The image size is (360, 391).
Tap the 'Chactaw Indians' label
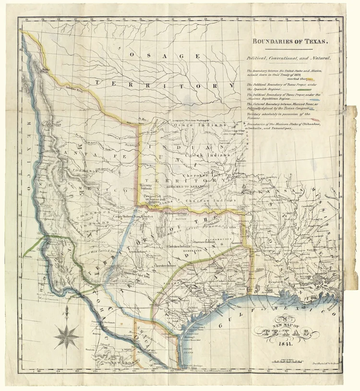[209, 200]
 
